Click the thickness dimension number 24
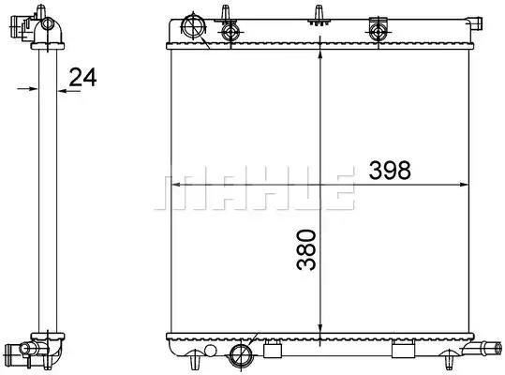(82, 77)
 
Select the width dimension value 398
(390, 170)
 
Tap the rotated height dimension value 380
(306, 249)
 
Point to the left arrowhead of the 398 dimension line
(175, 185)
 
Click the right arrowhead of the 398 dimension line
(464, 185)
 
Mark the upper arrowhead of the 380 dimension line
(319, 53)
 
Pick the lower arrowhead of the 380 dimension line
(319, 329)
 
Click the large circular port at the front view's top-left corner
(194, 25)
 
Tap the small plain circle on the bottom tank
(210, 351)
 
